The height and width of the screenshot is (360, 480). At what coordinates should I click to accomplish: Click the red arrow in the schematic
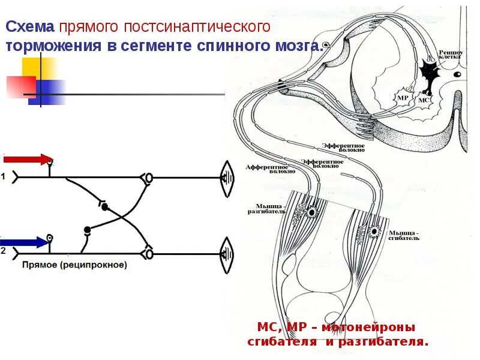27,159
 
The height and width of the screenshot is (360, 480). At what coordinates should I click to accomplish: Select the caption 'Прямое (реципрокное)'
75,265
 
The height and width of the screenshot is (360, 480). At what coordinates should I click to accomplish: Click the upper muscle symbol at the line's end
227,178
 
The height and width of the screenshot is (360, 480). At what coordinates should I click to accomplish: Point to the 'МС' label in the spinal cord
423,100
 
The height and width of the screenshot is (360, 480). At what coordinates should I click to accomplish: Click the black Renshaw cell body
428,71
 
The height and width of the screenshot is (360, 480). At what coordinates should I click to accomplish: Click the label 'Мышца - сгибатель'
404,235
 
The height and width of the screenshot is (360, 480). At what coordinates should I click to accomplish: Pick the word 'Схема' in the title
31,27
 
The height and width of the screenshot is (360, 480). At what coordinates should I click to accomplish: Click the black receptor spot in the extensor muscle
312,212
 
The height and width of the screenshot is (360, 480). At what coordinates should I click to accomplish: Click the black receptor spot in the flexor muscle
373,231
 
